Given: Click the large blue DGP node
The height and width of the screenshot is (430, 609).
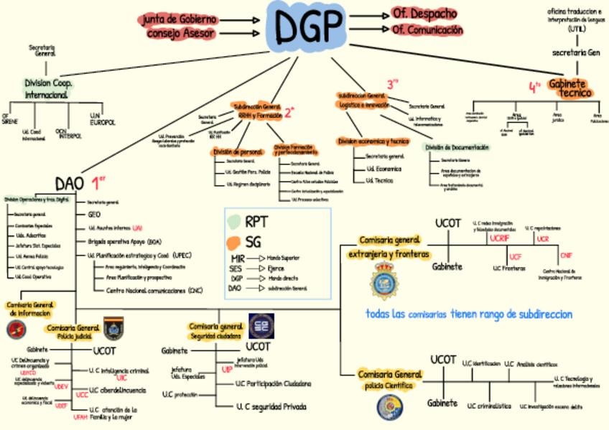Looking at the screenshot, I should (x=309, y=27).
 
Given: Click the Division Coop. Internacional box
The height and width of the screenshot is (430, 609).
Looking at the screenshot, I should (x=47, y=88).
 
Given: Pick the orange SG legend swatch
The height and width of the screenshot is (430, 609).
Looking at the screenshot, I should (x=233, y=241).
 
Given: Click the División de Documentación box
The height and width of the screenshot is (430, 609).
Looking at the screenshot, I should (x=457, y=147).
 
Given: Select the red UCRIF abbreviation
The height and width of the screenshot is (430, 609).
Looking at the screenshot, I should (x=499, y=238).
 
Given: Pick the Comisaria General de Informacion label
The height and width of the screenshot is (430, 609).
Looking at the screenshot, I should (x=30, y=309).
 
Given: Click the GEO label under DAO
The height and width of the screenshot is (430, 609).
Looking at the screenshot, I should (x=94, y=214).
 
